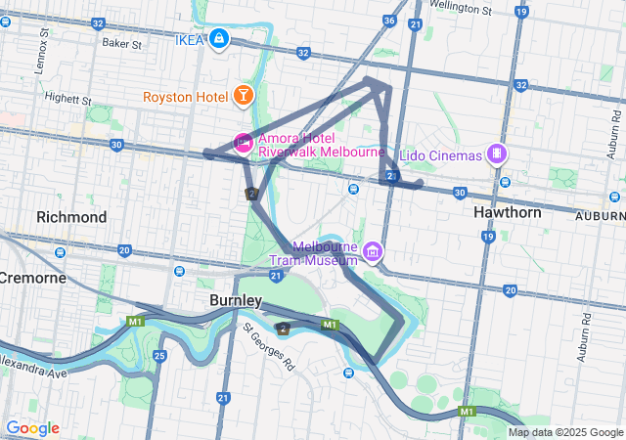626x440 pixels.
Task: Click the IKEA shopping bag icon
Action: (x=219, y=39)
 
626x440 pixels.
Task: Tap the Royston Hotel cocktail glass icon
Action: (x=242, y=95)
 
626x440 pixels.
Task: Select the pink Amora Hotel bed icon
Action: (x=242, y=144)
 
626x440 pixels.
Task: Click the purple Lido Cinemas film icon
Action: (x=498, y=154)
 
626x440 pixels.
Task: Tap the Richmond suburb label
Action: (x=71, y=216)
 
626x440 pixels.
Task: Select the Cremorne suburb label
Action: (x=32, y=278)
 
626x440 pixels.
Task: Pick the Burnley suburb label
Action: (x=235, y=299)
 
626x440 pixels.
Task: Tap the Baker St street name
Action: (x=122, y=44)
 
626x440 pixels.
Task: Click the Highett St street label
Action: (x=68, y=100)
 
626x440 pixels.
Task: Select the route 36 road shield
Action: (x=389, y=21)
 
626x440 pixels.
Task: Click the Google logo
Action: (x=32, y=428)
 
